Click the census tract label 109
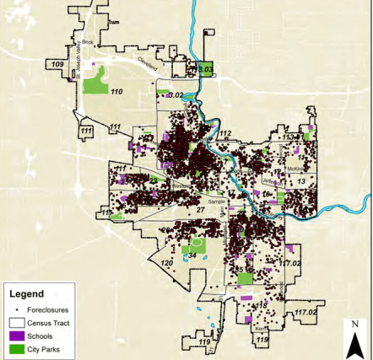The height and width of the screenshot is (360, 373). tap(57, 65)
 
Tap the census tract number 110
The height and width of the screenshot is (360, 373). tap(117, 91)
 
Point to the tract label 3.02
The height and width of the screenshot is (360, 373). tap(176, 96)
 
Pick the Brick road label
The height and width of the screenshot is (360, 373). tap(86, 41)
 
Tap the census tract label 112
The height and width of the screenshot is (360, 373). tap(224, 134)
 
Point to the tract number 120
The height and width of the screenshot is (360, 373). tap(167, 264)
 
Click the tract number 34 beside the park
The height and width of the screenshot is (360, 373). tap(192, 255)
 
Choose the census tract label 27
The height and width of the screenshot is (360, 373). tap(200, 208)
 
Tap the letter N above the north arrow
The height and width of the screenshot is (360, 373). tap(355, 324)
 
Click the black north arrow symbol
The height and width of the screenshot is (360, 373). tap(355, 342)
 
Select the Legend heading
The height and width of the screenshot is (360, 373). tap(26, 295)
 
